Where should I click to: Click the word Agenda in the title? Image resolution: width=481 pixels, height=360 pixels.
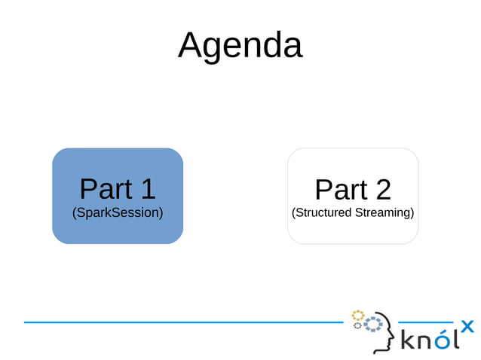point(240,45)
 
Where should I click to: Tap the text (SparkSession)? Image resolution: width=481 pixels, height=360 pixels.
point(118,212)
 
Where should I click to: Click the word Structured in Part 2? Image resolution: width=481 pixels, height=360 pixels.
point(323,212)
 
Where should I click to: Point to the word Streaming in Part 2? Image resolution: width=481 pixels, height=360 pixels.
point(384,212)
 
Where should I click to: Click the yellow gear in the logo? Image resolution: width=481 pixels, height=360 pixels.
point(357,315)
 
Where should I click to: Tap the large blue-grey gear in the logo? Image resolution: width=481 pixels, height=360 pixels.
point(373,325)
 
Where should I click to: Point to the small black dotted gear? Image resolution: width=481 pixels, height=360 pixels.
point(357,326)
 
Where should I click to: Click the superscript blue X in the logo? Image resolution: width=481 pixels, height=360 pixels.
point(467,326)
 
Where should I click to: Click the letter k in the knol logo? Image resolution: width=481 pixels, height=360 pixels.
point(407,340)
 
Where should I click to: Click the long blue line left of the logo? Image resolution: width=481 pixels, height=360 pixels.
point(181,322)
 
